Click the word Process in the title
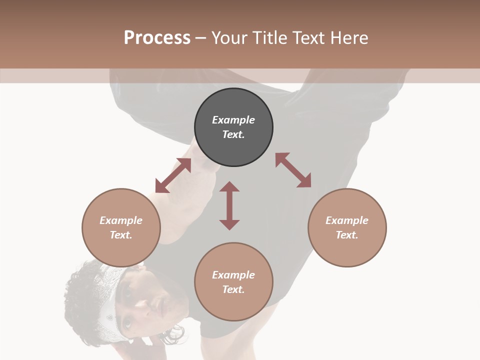click(x=157, y=38)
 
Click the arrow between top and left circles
click(x=173, y=175)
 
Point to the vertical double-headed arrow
click(x=229, y=205)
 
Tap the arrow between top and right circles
click(x=293, y=170)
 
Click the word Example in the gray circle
click(x=233, y=120)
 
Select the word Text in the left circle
click(x=120, y=235)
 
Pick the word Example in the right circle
click(x=347, y=220)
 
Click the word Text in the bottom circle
click(x=233, y=289)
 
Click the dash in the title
click(x=200, y=38)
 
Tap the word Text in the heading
click(x=308, y=38)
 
